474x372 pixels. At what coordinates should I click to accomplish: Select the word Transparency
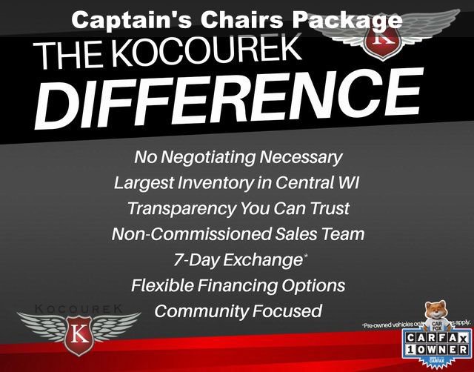tap(186, 208)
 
